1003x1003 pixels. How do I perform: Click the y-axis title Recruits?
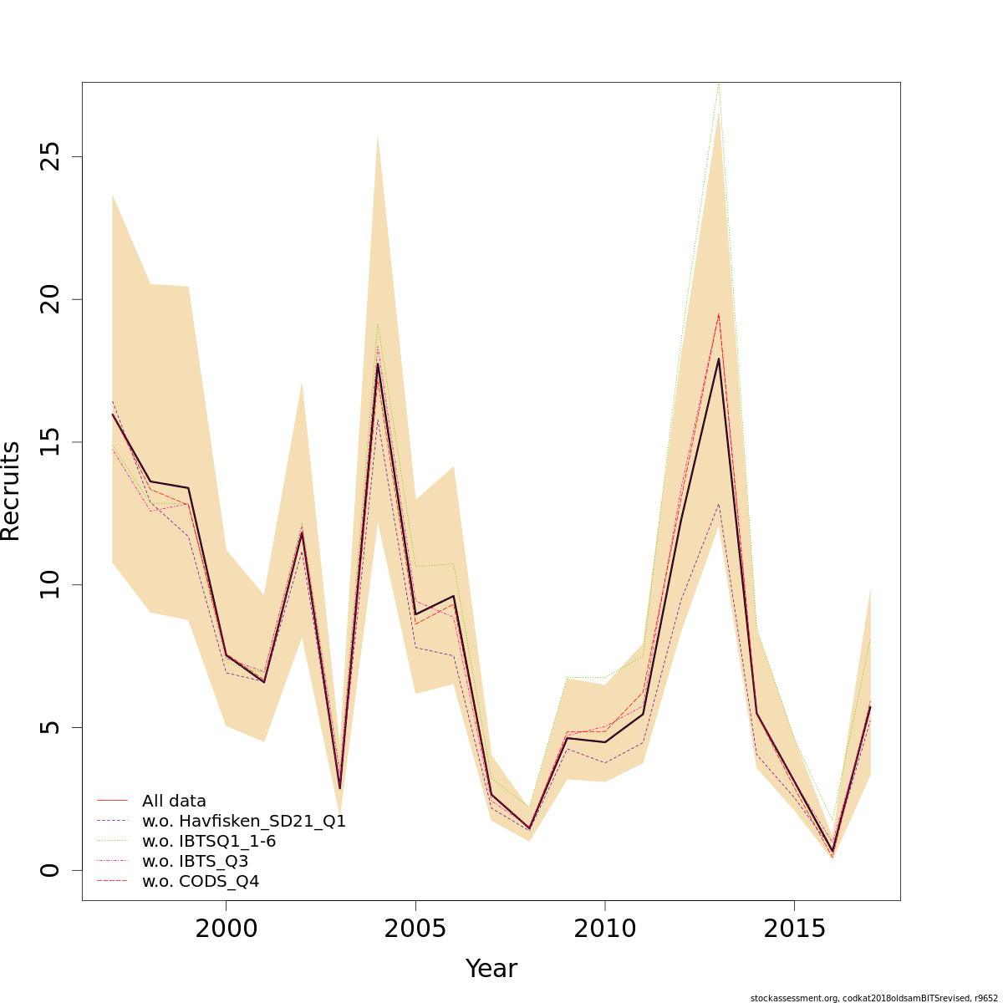coord(10,491)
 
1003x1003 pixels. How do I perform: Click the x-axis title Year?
coord(491,969)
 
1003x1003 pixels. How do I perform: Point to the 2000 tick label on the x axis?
coord(226,929)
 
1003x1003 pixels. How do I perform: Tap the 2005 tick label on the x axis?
coord(415,929)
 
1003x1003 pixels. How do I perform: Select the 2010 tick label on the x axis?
coord(604,929)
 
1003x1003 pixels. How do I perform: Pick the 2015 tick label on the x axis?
coord(794,929)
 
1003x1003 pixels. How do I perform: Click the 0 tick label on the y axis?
coord(52,870)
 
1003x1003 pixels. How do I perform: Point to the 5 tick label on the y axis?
coord(52,727)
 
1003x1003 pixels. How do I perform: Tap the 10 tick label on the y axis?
coord(52,584)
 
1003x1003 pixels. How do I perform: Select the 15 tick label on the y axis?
coord(52,442)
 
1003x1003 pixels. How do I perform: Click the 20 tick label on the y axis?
coord(52,299)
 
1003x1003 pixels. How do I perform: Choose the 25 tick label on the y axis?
coord(52,156)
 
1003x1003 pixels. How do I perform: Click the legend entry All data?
coord(174,801)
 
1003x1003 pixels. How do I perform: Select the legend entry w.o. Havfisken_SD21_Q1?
coord(243,821)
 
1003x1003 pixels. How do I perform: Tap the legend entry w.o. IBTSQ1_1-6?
coord(209,841)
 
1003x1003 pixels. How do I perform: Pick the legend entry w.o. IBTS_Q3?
coord(195,861)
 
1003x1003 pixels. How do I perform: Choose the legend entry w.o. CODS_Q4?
coord(201,881)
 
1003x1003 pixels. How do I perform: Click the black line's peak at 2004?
coord(378,364)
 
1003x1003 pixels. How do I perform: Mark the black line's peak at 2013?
coord(718,359)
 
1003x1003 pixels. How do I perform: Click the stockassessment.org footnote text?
coord(873,997)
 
